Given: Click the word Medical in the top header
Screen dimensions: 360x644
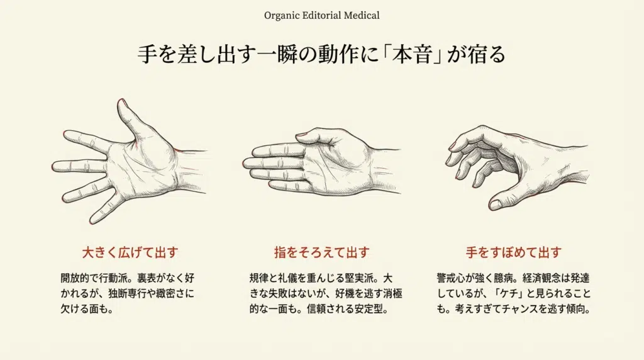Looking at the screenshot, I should coord(360,14).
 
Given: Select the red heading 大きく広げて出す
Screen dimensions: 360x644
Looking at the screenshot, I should coord(130,252).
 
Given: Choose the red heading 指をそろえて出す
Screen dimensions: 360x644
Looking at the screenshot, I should coord(321,252).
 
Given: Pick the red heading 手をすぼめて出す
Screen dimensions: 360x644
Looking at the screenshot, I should coord(513,252).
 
